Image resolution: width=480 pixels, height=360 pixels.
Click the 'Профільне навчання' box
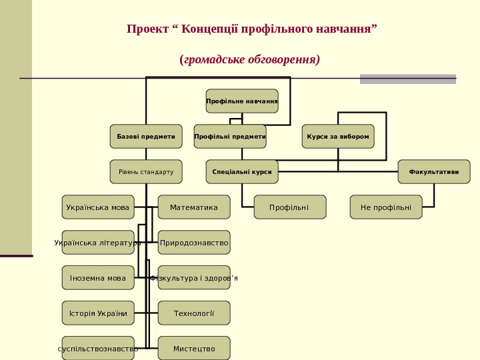click(242, 101)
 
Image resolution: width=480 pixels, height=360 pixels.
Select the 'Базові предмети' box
click(146, 137)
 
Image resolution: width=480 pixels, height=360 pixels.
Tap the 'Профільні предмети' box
click(230, 137)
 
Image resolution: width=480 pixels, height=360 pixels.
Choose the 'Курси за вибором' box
click(338, 137)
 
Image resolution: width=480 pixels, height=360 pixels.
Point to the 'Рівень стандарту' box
click(146, 172)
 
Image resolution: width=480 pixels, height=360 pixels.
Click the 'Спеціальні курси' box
click(242, 172)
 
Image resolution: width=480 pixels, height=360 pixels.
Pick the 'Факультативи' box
click(434, 172)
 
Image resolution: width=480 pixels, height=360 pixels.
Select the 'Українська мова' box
click(98, 207)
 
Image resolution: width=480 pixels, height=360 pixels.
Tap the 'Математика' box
click(194, 207)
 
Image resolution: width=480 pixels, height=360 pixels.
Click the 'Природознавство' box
click(194, 243)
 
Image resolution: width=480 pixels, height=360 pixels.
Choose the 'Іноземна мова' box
click(98, 278)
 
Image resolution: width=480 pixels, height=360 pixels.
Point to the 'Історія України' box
click(98, 313)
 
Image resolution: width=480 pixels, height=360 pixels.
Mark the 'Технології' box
click(194, 313)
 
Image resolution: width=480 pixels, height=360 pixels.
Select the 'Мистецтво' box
click(194, 349)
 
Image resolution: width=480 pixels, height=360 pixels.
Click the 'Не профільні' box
click(386, 207)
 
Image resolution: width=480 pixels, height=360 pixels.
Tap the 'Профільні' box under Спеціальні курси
click(290, 207)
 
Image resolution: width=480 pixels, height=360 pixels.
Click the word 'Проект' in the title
click(147, 29)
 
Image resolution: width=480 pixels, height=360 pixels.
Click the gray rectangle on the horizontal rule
click(408, 79)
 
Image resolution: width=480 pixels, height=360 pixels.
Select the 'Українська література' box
click(98, 243)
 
